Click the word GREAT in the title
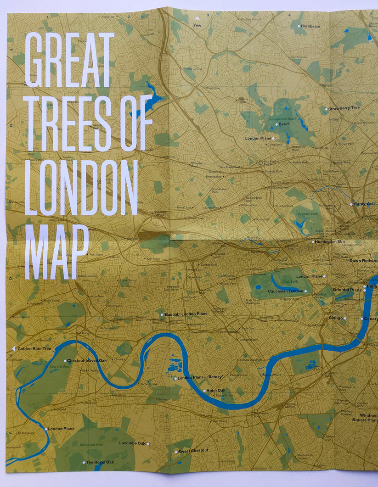69,60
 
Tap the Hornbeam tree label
310,26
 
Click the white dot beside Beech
276,124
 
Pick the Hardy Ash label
365,204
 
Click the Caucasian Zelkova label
285,291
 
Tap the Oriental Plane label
347,290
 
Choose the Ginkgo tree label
335,318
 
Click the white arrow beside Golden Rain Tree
13,349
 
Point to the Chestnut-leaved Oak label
87,361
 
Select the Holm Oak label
216,391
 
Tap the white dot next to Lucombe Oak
148,444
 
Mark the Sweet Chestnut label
193,451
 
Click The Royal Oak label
100,462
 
